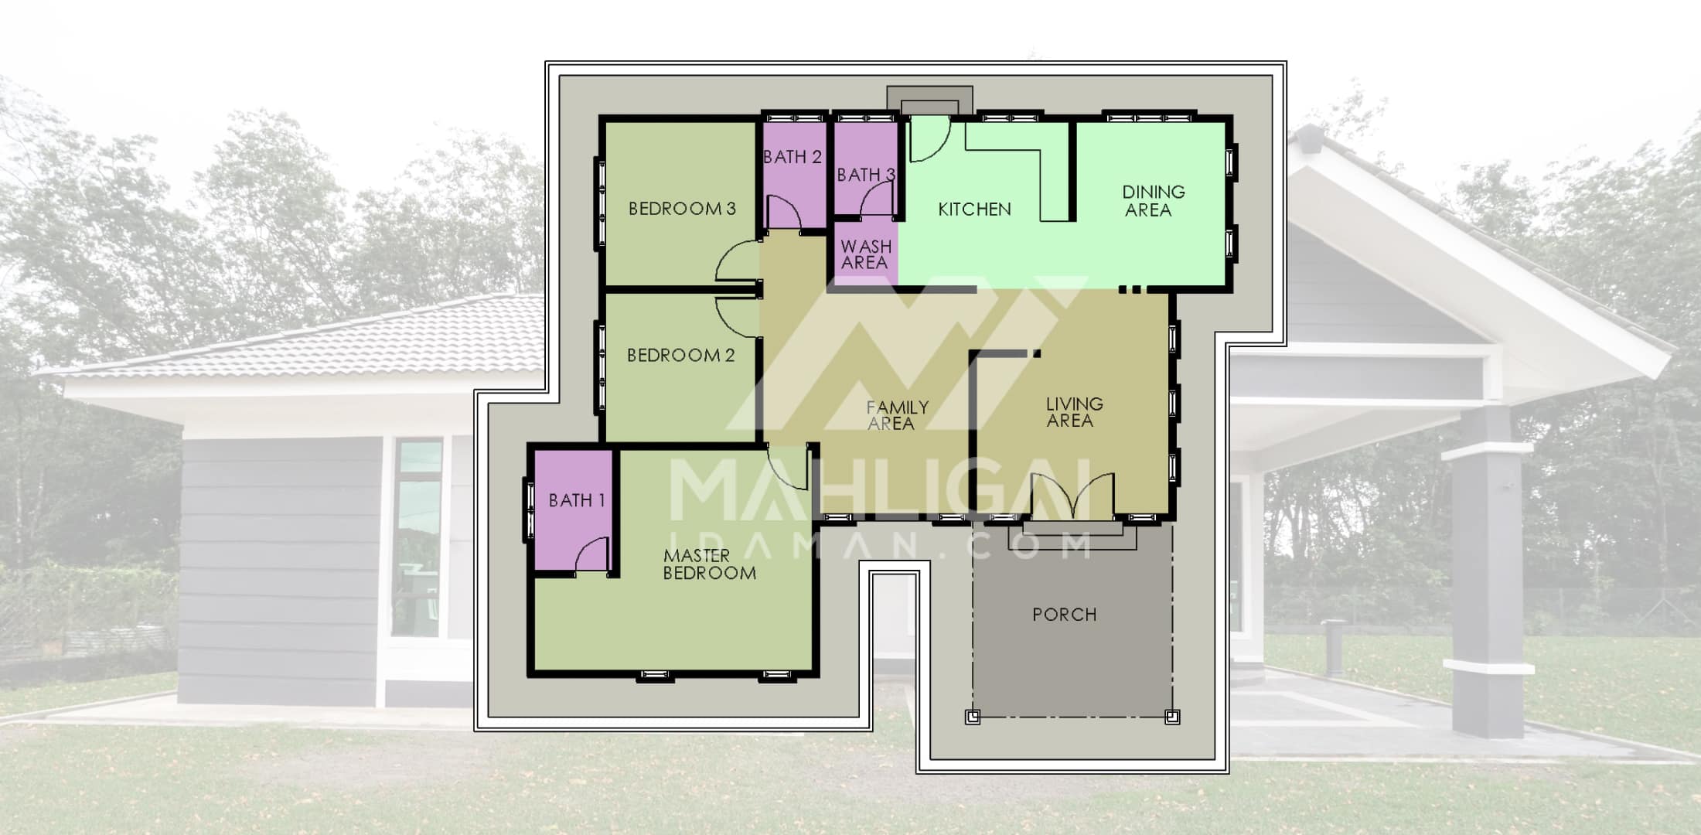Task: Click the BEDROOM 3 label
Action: pos(682,209)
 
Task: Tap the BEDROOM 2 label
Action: pos(680,356)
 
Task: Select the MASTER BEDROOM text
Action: pos(709,564)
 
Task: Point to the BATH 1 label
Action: pos(576,501)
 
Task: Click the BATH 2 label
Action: pos(792,157)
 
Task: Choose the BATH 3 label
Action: pos(866,176)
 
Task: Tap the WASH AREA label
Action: pos(866,254)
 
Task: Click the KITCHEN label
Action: pos(974,210)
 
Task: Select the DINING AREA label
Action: pos(1153,201)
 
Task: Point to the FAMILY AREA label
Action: pos(897,415)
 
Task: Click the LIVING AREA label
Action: pos(1074,412)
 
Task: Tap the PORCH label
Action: pos(1064,615)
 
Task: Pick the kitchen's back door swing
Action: pos(929,140)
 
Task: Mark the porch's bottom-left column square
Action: pos(973,717)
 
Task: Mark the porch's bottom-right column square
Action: pos(1172,716)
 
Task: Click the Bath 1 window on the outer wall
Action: pos(530,510)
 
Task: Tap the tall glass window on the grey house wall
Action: pos(417,538)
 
